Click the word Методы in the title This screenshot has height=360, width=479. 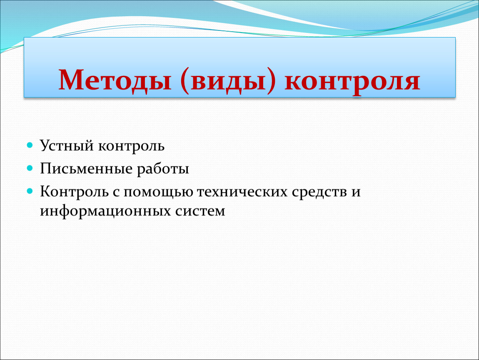(x=115, y=80)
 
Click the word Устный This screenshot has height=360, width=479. (x=67, y=146)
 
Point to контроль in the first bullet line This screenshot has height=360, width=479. (x=131, y=147)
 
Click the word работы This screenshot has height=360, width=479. (x=163, y=169)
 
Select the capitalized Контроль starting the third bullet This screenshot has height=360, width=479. (x=74, y=192)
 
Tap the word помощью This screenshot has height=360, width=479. (x=158, y=192)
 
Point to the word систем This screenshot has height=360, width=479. (x=200, y=212)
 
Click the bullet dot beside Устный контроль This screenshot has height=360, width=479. (x=30, y=145)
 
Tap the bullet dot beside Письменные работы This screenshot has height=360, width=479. (x=30, y=168)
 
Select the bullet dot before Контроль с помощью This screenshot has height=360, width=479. (x=30, y=191)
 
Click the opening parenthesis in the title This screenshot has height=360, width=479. (x=184, y=81)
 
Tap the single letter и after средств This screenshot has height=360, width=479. (x=356, y=192)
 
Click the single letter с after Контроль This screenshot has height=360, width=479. (x=116, y=192)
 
